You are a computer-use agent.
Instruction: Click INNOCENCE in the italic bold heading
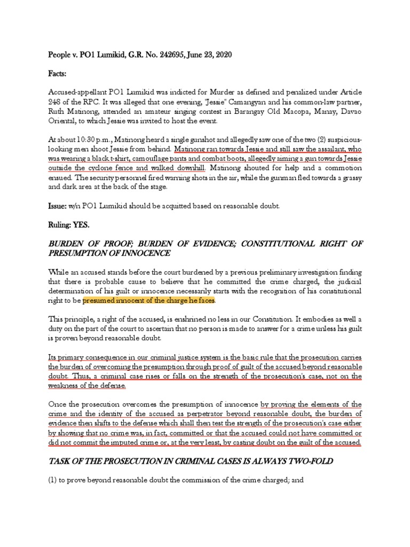[x=146, y=253]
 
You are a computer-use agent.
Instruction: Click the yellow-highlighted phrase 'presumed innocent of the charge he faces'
[x=149, y=301]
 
